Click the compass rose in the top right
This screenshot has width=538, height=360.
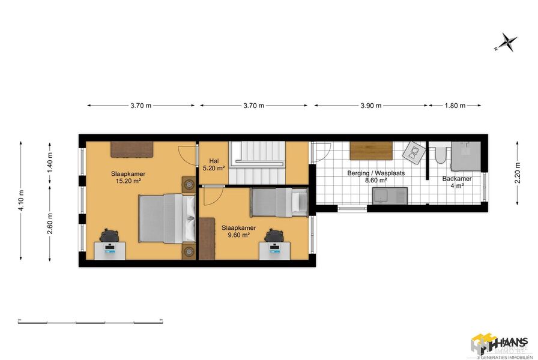507,42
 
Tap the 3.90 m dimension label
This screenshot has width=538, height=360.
370,106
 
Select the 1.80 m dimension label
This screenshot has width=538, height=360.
455,106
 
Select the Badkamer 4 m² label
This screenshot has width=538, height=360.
456,182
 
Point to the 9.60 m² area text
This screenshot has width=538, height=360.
238,235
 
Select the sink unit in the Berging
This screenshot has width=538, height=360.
389,194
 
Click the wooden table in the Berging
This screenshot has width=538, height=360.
370,151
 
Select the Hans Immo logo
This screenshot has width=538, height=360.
498,345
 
